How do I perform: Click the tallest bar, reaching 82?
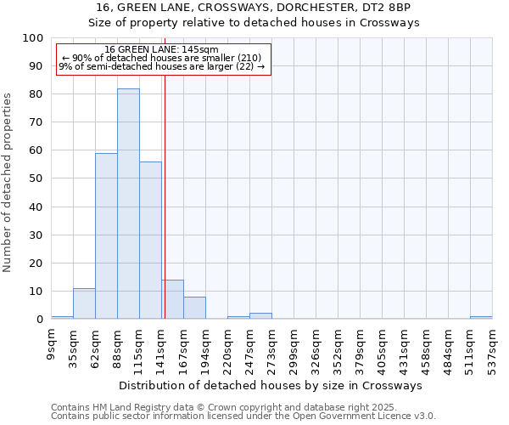click(x=128, y=204)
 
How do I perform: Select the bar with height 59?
click(x=106, y=236)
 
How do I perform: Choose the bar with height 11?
click(x=84, y=303)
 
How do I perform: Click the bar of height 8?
click(x=194, y=308)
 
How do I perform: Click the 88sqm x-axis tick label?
click(x=118, y=348)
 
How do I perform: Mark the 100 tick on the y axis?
click(x=32, y=38)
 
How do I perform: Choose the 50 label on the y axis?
click(x=36, y=178)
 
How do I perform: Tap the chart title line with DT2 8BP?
click(x=255, y=7)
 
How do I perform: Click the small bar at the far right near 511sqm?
click(x=481, y=317)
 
